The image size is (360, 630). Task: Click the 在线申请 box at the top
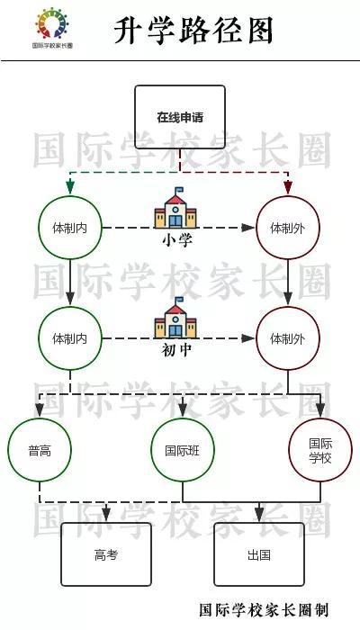(x=180, y=117)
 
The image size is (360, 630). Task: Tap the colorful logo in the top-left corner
(x=52, y=23)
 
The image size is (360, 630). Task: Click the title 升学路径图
(x=193, y=30)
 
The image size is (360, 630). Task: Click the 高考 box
(x=106, y=554)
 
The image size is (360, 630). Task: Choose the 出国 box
(x=259, y=554)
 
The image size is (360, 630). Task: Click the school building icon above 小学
(x=175, y=208)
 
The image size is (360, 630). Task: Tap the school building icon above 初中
(x=175, y=318)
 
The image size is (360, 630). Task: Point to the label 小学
(x=177, y=240)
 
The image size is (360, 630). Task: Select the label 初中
(x=176, y=350)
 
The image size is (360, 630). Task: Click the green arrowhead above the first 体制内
(x=70, y=187)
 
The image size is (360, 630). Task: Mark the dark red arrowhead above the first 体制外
(x=288, y=187)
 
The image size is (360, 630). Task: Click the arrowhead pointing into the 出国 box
(x=259, y=515)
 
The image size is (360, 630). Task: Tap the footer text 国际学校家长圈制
(x=264, y=609)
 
